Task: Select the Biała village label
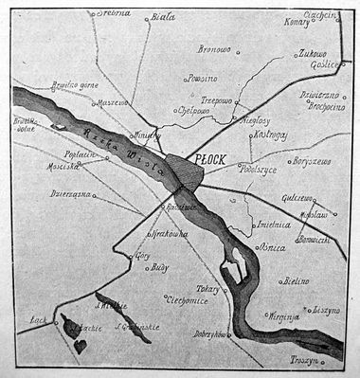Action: [x=164, y=16]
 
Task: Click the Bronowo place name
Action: [x=214, y=48]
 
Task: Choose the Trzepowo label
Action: [x=216, y=99]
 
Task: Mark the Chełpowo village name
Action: [x=194, y=110]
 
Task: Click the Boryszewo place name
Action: [x=311, y=161]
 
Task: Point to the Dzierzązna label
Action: [x=70, y=193]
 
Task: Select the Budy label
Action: [x=158, y=269]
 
